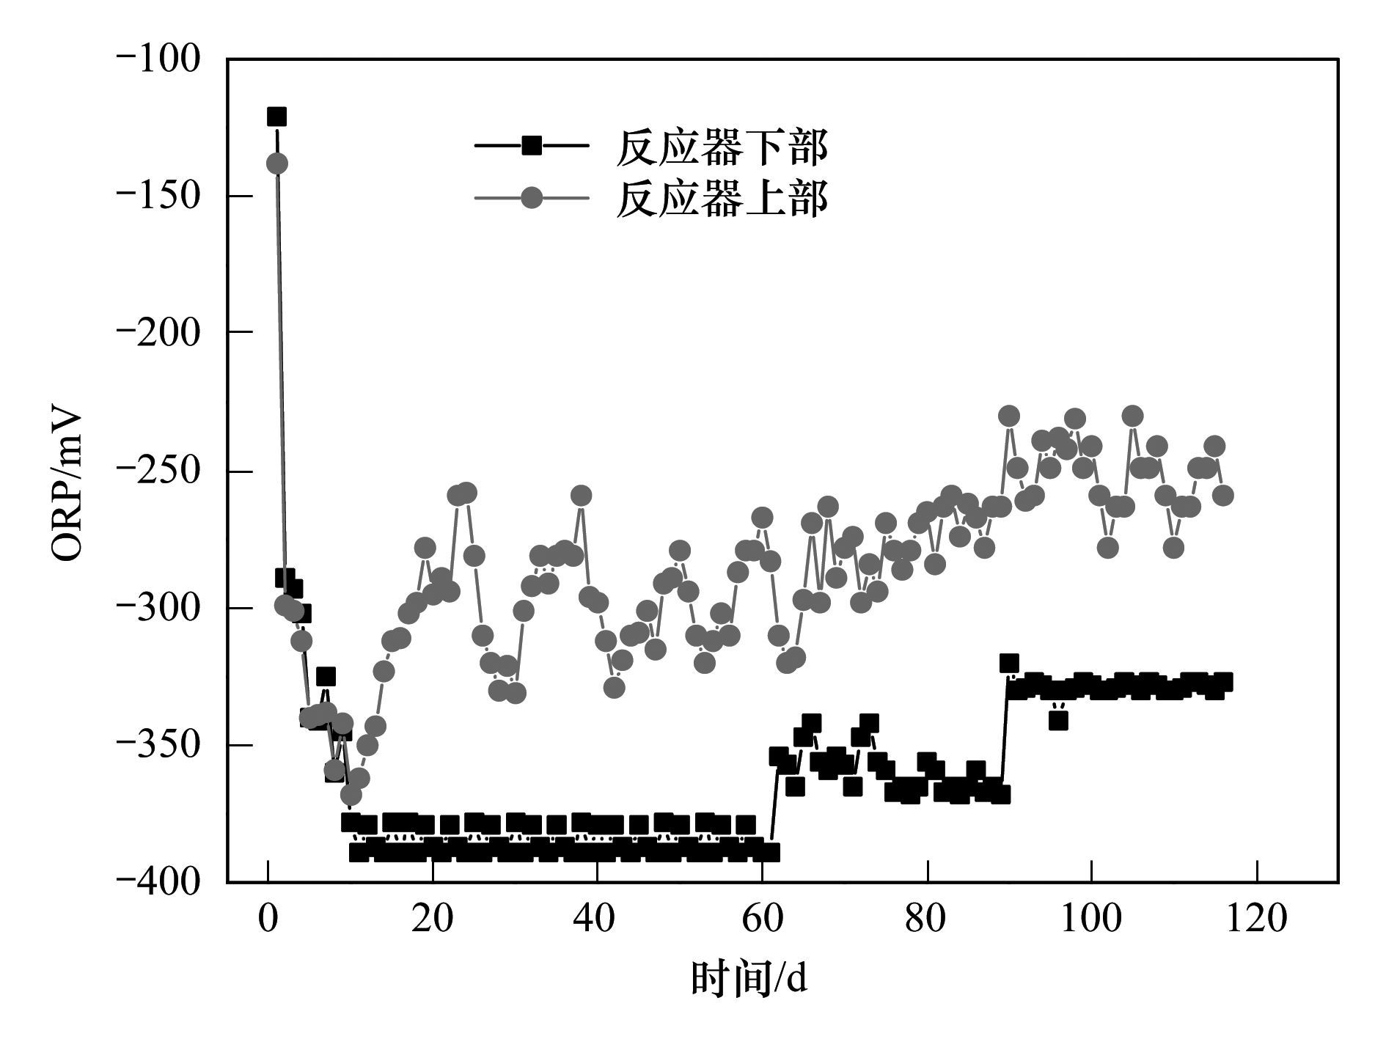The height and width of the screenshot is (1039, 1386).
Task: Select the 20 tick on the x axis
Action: pos(433,919)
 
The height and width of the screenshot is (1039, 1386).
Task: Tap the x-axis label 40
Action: pos(598,919)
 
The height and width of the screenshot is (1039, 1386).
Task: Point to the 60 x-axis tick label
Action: pos(763,919)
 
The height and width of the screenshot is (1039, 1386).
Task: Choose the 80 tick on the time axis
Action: pos(927,919)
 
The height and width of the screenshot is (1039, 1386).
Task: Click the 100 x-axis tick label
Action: pos(1092,919)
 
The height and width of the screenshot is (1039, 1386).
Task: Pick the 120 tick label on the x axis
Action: pos(1257,919)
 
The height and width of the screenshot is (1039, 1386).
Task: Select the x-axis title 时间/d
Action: pos(749,980)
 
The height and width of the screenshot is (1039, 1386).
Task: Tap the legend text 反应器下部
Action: pos(722,147)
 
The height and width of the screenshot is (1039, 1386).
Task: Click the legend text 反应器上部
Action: pos(722,198)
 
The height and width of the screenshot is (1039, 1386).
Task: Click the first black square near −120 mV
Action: pos(276,117)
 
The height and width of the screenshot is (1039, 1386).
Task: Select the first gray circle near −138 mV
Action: pos(276,164)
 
